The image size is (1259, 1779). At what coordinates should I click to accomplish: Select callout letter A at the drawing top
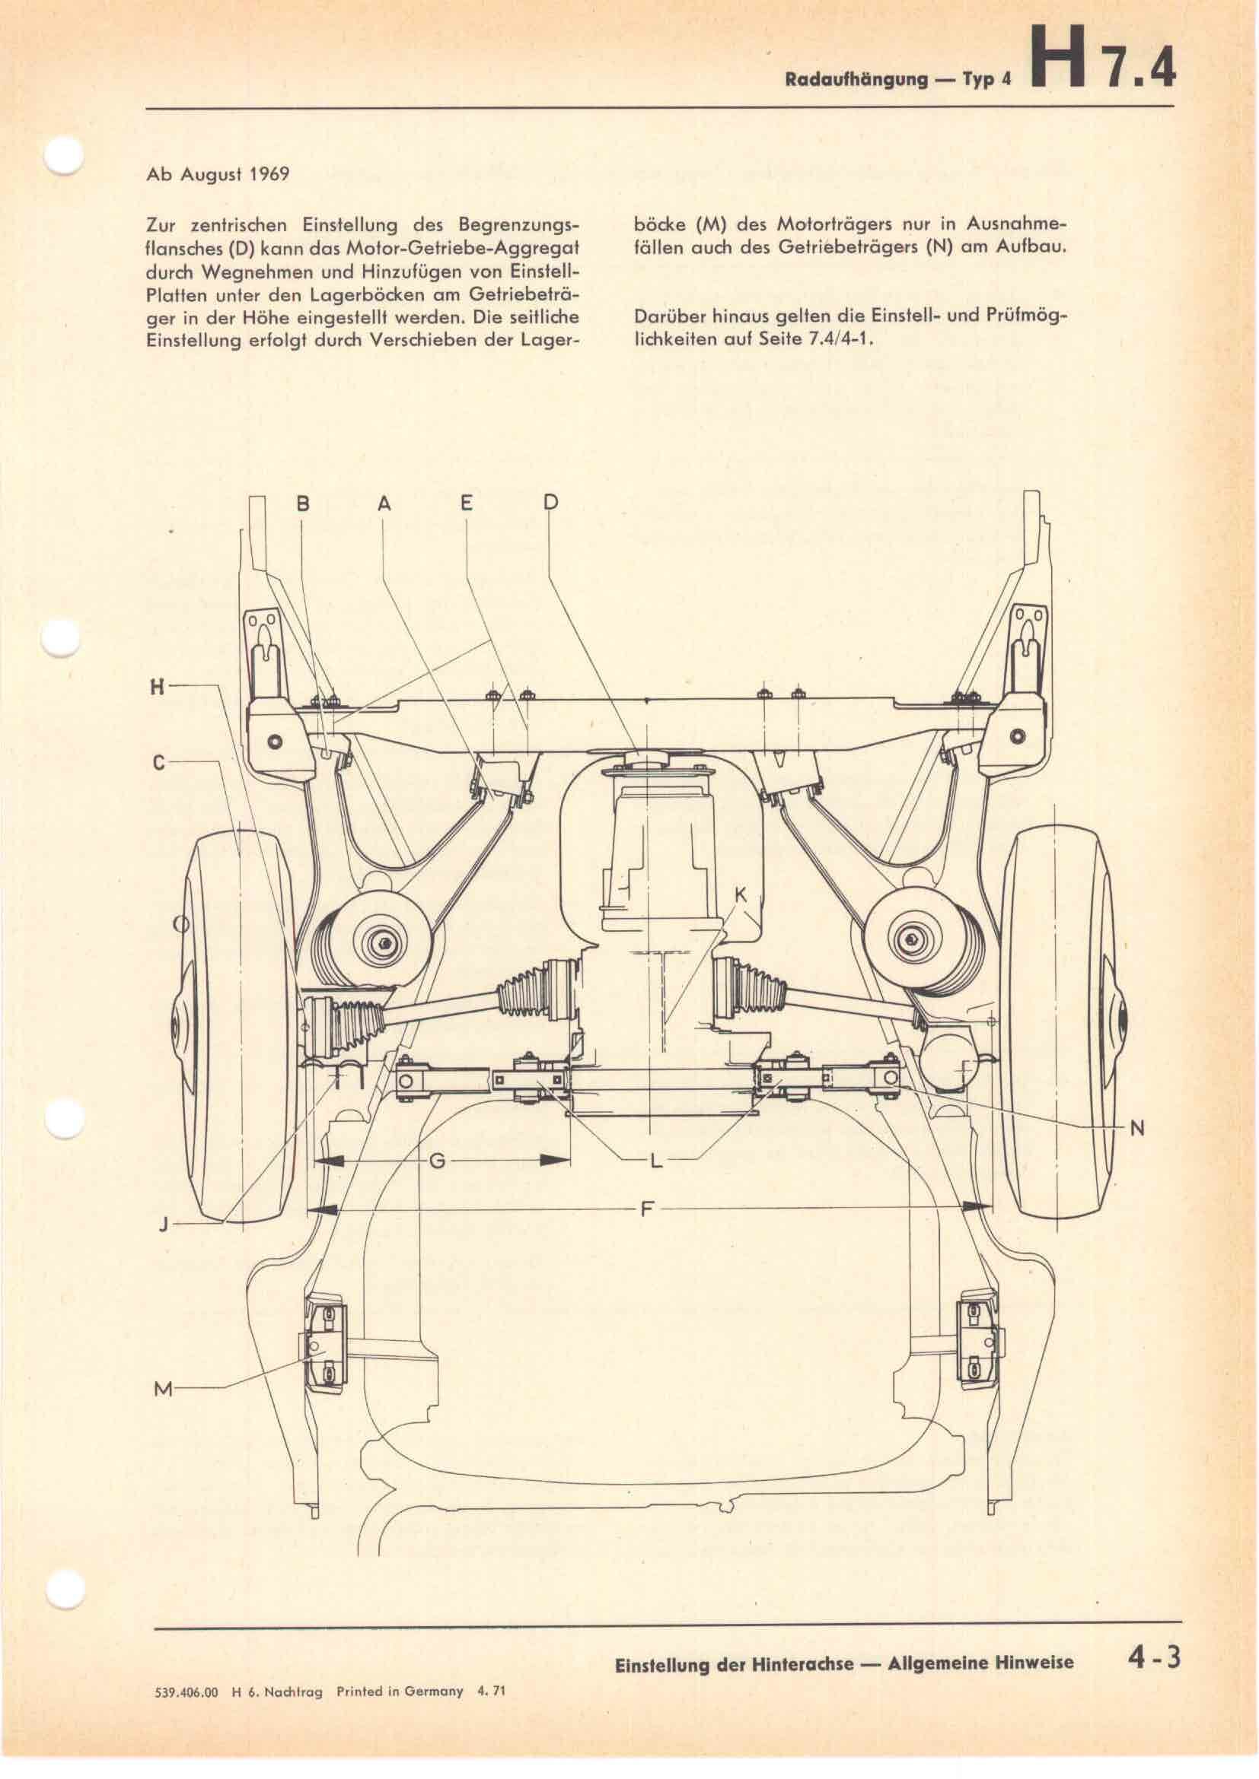tap(384, 504)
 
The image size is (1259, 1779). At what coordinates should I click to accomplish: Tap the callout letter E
tap(466, 504)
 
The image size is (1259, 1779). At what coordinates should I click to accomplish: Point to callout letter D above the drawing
tap(550, 504)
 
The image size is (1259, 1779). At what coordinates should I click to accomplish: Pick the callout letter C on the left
tap(158, 762)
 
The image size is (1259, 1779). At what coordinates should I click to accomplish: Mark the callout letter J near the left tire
tap(164, 1225)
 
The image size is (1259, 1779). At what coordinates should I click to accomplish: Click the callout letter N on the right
tap(1136, 1128)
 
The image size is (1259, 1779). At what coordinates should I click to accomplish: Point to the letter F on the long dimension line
tap(648, 1207)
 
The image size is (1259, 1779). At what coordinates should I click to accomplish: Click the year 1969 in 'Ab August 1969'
tap(269, 174)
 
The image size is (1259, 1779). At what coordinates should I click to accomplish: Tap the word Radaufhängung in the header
tap(856, 80)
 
